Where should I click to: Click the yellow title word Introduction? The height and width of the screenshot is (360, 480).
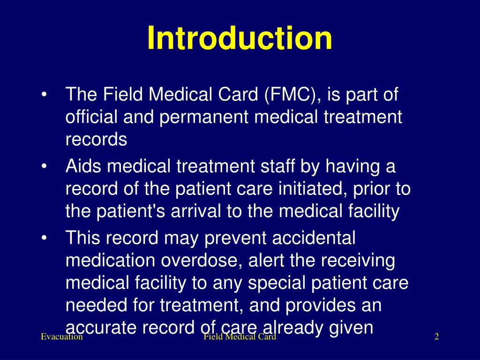(240, 38)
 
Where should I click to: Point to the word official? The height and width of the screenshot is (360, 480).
(91, 117)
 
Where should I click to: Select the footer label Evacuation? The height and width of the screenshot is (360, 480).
(61, 337)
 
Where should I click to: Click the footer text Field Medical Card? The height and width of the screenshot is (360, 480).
(240, 337)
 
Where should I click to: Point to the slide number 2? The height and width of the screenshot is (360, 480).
(436, 337)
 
